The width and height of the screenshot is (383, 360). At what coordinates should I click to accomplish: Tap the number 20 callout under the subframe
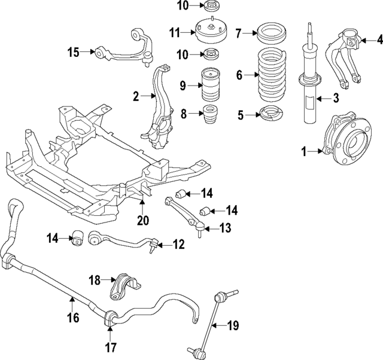click(143, 221)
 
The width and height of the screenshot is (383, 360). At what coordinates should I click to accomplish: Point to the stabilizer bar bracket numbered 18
click(125, 287)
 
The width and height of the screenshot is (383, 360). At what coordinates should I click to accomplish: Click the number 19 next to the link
click(233, 325)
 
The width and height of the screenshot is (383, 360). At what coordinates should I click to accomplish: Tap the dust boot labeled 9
click(211, 85)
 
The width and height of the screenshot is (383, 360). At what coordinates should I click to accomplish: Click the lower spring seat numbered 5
click(271, 115)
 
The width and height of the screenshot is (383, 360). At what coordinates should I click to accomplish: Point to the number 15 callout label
click(74, 53)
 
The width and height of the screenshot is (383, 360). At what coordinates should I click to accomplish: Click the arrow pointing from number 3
click(323, 99)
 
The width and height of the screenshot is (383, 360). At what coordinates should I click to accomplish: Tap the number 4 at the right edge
click(379, 40)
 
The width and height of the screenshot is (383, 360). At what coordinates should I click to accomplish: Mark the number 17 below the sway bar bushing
click(110, 347)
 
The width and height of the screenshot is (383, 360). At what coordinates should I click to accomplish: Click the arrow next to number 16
click(72, 302)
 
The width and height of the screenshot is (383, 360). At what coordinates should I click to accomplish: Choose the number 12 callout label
click(178, 245)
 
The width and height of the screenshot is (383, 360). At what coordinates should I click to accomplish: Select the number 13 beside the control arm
click(225, 228)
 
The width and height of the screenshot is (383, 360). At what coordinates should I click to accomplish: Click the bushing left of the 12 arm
click(78, 238)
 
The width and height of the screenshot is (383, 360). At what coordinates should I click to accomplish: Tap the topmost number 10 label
click(183, 6)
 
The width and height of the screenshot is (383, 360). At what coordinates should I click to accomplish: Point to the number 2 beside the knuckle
click(136, 97)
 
